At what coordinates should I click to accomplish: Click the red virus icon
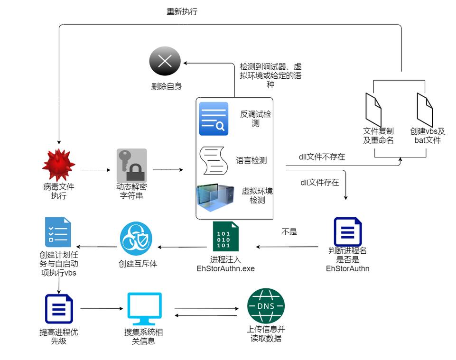[58, 165]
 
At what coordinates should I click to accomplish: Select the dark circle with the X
[165, 61]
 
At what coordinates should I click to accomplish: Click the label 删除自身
[166, 86]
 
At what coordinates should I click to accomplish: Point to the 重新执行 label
[182, 11]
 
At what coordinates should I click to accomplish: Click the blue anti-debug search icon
[214, 119]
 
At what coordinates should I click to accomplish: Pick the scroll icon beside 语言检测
[212, 160]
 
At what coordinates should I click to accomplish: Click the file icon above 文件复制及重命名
[373, 109]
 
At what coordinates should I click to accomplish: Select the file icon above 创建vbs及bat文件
[424, 109]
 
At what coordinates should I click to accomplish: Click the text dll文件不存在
[321, 157]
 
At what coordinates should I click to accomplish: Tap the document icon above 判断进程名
[348, 232]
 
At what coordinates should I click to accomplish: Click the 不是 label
[289, 232]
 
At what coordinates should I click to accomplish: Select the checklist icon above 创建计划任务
[58, 232]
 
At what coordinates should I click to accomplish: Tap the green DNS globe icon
[266, 306]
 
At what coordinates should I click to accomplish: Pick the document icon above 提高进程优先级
[59, 309]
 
